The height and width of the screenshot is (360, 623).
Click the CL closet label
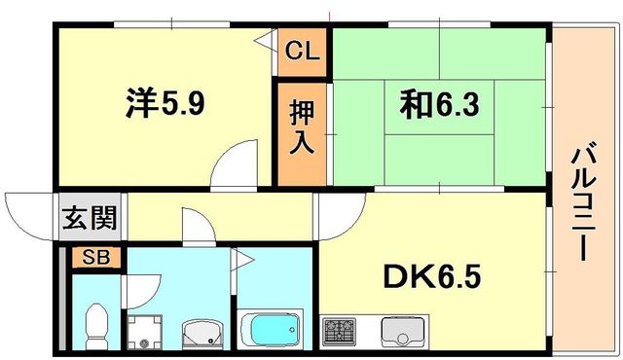point(303,51)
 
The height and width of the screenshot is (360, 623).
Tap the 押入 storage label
point(302,127)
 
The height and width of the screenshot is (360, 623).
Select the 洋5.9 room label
point(165,103)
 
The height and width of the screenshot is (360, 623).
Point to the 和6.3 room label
point(439,104)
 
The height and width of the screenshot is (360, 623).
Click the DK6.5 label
point(432,276)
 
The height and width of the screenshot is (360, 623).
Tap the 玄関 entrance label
point(90,218)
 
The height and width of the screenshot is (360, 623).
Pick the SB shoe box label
point(95,258)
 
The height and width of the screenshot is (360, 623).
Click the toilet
point(96,326)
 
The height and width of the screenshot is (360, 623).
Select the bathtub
point(271,329)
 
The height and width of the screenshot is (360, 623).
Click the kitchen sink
point(402,332)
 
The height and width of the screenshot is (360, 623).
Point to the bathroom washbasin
point(202,334)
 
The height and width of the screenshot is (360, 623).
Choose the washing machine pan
point(144,332)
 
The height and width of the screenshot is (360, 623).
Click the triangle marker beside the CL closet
point(264,41)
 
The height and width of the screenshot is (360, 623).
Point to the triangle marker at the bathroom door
point(242,260)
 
